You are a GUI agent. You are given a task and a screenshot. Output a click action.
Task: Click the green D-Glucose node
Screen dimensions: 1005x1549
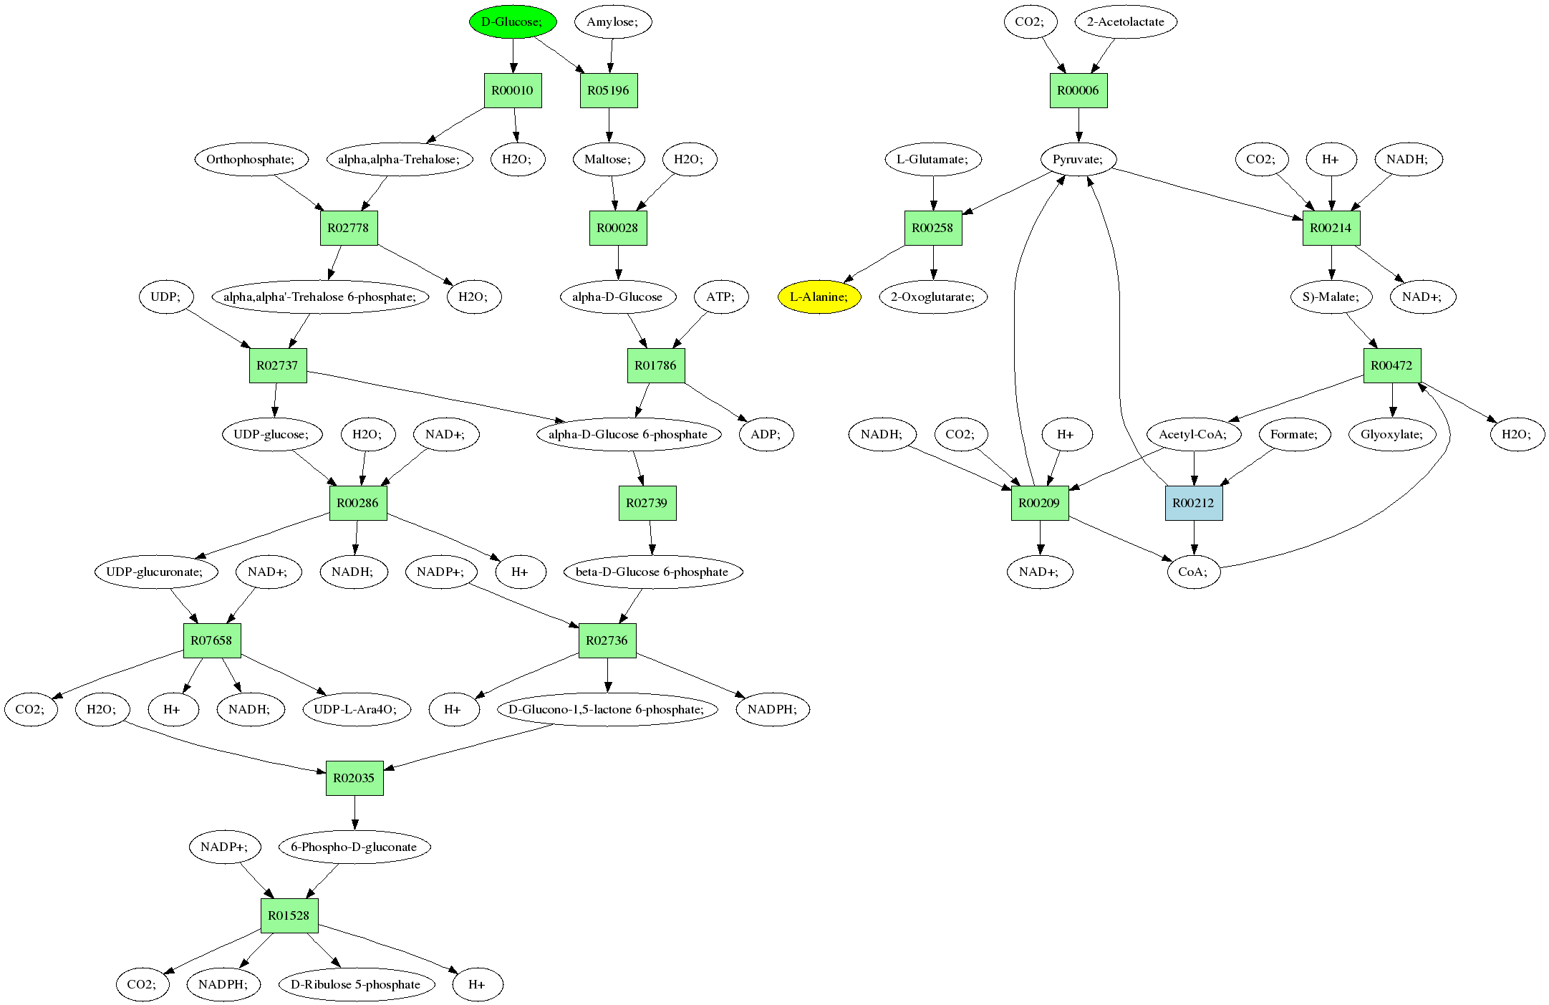pos(513,21)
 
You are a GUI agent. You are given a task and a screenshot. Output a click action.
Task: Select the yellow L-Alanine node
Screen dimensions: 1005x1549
pos(819,297)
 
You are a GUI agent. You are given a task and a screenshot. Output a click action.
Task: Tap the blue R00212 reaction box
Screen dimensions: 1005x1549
pos(1193,503)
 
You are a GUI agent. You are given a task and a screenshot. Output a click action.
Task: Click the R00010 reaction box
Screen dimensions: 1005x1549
pos(512,90)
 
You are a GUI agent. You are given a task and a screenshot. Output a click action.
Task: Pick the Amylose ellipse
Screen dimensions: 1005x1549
pos(612,21)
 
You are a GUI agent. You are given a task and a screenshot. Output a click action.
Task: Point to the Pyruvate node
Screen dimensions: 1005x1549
pos(1078,159)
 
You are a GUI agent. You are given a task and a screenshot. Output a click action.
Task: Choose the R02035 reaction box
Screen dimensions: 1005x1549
pos(354,778)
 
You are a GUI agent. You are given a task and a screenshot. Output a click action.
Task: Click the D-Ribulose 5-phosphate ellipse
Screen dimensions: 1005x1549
pos(355,984)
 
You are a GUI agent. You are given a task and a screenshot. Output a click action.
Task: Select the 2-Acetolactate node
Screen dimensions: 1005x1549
pos(1125,21)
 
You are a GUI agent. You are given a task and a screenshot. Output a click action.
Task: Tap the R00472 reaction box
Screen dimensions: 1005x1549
pos(1391,365)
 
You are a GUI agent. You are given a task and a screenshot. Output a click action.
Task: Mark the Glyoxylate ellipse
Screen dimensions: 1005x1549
pos(1391,434)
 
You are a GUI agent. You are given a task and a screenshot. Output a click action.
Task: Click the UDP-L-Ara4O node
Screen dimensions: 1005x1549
pos(355,709)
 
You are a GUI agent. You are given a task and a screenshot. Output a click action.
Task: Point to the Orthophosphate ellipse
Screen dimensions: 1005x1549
pos(251,159)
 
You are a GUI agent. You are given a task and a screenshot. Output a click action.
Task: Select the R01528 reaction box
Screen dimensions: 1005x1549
pos(289,915)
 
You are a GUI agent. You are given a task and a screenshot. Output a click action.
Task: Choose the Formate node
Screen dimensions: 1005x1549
pos(1293,434)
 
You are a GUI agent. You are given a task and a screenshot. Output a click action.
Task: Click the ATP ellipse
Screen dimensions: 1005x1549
pos(720,297)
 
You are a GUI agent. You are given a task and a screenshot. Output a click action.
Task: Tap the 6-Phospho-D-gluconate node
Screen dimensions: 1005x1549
pos(354,847)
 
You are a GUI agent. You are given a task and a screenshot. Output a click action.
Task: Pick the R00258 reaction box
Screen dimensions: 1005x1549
pos(932,228)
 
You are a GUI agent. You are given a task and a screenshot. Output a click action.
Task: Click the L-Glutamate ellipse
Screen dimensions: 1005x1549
pos(932,159)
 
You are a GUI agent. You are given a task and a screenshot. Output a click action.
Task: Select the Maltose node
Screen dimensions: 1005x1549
pos(608,159)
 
